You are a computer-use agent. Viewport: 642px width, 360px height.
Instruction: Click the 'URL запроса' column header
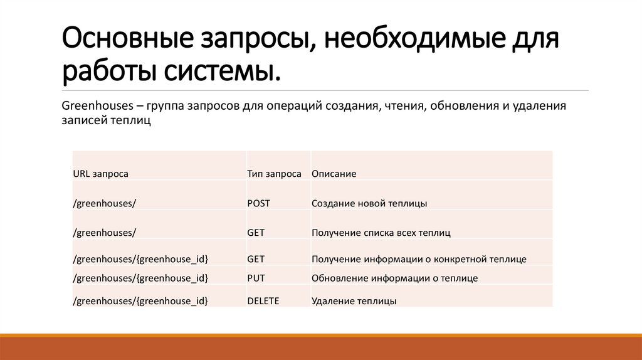[x=100, y=174]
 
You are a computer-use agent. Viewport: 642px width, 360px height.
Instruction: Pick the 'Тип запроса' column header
[x=274, y=174]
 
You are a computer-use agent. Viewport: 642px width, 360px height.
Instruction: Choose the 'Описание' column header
[x=334, y=174]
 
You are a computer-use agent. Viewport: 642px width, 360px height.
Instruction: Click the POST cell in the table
[x=258, y=203]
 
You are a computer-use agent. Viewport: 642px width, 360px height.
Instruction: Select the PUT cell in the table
[x=256, y=277]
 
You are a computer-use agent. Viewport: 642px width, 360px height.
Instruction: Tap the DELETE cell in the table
[x=263, y=301]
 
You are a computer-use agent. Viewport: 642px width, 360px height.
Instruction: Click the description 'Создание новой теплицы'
[x=369, y=203]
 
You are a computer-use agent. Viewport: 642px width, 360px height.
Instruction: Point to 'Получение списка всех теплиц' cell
[x=381, y=233]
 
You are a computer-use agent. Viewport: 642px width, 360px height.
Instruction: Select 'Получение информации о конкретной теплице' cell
[x=419, y=258]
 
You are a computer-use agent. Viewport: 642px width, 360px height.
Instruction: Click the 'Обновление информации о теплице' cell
[x=394, y=277]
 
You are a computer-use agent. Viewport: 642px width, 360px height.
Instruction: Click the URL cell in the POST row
[x=105, y=203]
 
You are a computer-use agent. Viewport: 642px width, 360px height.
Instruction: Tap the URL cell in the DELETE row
[x=140, y=301]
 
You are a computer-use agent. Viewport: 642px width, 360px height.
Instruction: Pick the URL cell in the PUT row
[x=140, y=277]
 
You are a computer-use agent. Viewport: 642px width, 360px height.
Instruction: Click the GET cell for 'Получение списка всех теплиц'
[x=256, y=233]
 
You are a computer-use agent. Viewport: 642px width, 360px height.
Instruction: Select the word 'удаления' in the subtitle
[x=539, y=105]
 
